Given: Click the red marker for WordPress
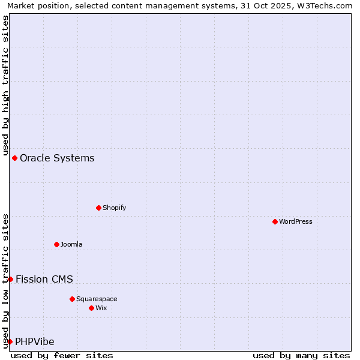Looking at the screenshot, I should tap(275, 221).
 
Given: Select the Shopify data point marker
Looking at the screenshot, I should tap(98, 208).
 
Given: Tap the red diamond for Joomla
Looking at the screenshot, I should tap(56, 244).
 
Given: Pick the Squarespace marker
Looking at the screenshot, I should tap(72, 299).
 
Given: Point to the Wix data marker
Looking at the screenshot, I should tap(91, 308).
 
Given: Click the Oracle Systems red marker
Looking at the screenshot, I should tap(14, 158).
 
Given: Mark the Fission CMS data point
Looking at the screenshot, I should tap(10, 279).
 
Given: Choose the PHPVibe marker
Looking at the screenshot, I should tap(10, 341).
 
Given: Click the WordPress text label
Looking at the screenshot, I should tap(296, 221).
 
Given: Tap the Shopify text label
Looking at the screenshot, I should tap(115, 208).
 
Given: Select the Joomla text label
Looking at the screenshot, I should tap(71, 244).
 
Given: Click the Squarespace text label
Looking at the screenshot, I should tap(97, 299).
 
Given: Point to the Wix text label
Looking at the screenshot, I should tap(101, 308).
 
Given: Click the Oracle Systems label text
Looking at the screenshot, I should tap(57, 158).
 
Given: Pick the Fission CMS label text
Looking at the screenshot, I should tap(44, 279).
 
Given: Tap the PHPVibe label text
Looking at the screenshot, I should tap(35, 342).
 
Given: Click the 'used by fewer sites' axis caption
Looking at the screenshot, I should tap(62, 355).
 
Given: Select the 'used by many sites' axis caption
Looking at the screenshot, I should tap(301, 355).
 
